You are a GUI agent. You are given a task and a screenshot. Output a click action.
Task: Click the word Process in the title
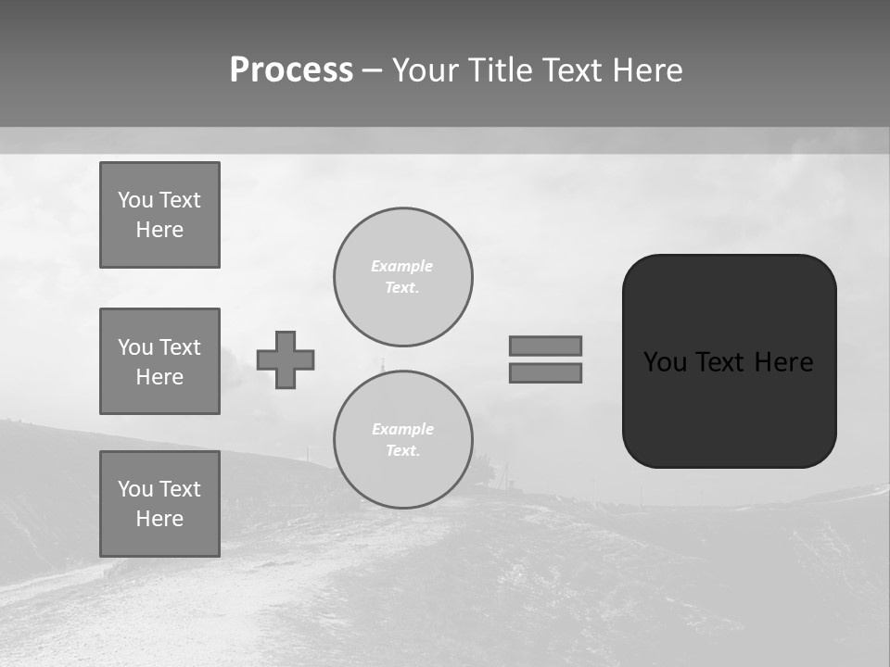click(x=291, y=70)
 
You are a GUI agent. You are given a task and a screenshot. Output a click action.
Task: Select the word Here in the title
click(x=646, y=70)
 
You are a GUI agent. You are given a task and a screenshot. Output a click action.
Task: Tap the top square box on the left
click(x=159, y=215)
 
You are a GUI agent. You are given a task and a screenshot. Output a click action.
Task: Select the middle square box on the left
click(x=159, y=361)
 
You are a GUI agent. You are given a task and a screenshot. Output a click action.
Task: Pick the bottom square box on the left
click(x=159, y=504)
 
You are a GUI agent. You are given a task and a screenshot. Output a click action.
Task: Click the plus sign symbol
click(x=286, y=359)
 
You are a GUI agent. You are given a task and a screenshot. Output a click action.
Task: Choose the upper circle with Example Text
click(x=403, y=277)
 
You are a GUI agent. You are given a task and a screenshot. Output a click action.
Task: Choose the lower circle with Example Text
click(x=403, y=440)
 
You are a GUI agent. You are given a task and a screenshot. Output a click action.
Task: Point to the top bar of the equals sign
click(x=545, y=346)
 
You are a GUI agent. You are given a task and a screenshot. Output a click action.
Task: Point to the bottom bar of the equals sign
click(x=545, y=373)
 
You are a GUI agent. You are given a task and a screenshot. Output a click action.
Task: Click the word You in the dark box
click(x=665, y=362)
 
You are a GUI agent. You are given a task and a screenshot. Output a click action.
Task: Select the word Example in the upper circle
click(x=401, y=266)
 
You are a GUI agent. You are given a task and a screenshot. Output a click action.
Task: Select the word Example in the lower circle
click(x=402, y=429)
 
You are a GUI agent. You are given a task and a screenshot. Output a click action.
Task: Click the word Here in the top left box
click(x=159, y=230)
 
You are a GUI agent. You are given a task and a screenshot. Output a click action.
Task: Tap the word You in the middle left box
click(x=134, y=347)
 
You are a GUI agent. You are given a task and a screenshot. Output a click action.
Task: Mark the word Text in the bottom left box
click(x=179, y=489)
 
